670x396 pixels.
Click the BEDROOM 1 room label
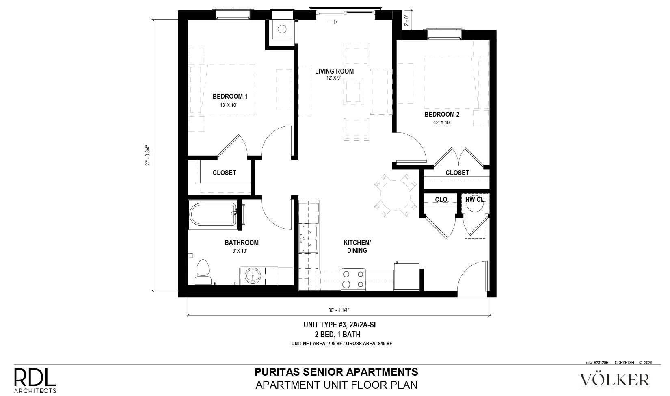230,96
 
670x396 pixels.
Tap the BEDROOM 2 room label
442,114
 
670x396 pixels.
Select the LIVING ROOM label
334,71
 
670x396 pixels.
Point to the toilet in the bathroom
203,272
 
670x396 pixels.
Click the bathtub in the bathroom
213,215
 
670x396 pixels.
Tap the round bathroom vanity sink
253,275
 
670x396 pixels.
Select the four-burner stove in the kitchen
353,279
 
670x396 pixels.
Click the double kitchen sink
309,238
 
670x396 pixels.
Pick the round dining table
395,195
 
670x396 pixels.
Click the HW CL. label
475,199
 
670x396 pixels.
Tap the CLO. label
441,199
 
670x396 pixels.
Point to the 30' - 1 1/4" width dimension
339,310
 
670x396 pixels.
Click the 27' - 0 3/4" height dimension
147,156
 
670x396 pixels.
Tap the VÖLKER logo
615,380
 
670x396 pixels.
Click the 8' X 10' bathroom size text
240,251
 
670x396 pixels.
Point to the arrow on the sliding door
333,22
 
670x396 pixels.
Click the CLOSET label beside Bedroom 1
224,173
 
